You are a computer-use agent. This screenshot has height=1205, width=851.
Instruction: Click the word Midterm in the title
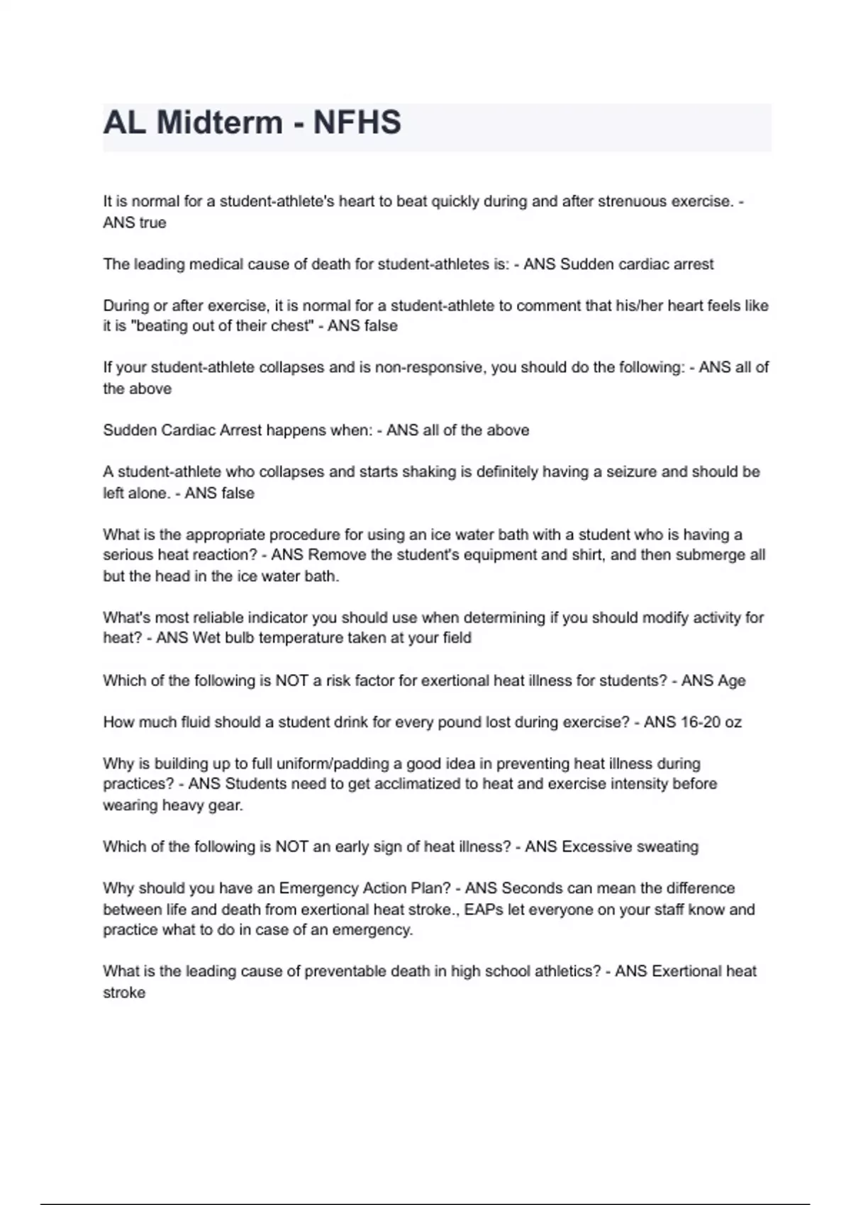(x=219, y=123)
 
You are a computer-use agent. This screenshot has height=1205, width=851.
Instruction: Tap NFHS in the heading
(x=357, y=123)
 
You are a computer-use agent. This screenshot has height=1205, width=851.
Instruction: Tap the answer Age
(x=732, y=681)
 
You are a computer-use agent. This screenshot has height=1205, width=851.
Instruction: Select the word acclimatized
(x=426, y=785)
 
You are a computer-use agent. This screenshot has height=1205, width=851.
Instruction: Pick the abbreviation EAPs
(x=484, y=909)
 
